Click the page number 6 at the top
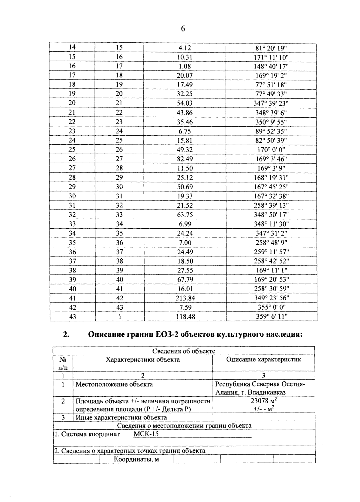pos(183,29)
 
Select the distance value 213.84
pos(185,298)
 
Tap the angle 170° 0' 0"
pos(271,150)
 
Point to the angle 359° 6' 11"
pos(271,317)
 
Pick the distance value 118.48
pos(185,317)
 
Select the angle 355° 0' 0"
pos(271,308)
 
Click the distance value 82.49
pos(185,159)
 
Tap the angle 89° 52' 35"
pos(271,131)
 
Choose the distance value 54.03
pos(185,103)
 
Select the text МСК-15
pos(146,434)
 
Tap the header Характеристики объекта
pos(143,359)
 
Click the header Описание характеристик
pos(263,359)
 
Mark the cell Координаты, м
pos(136,459)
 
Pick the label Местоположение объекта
pos(114,384)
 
